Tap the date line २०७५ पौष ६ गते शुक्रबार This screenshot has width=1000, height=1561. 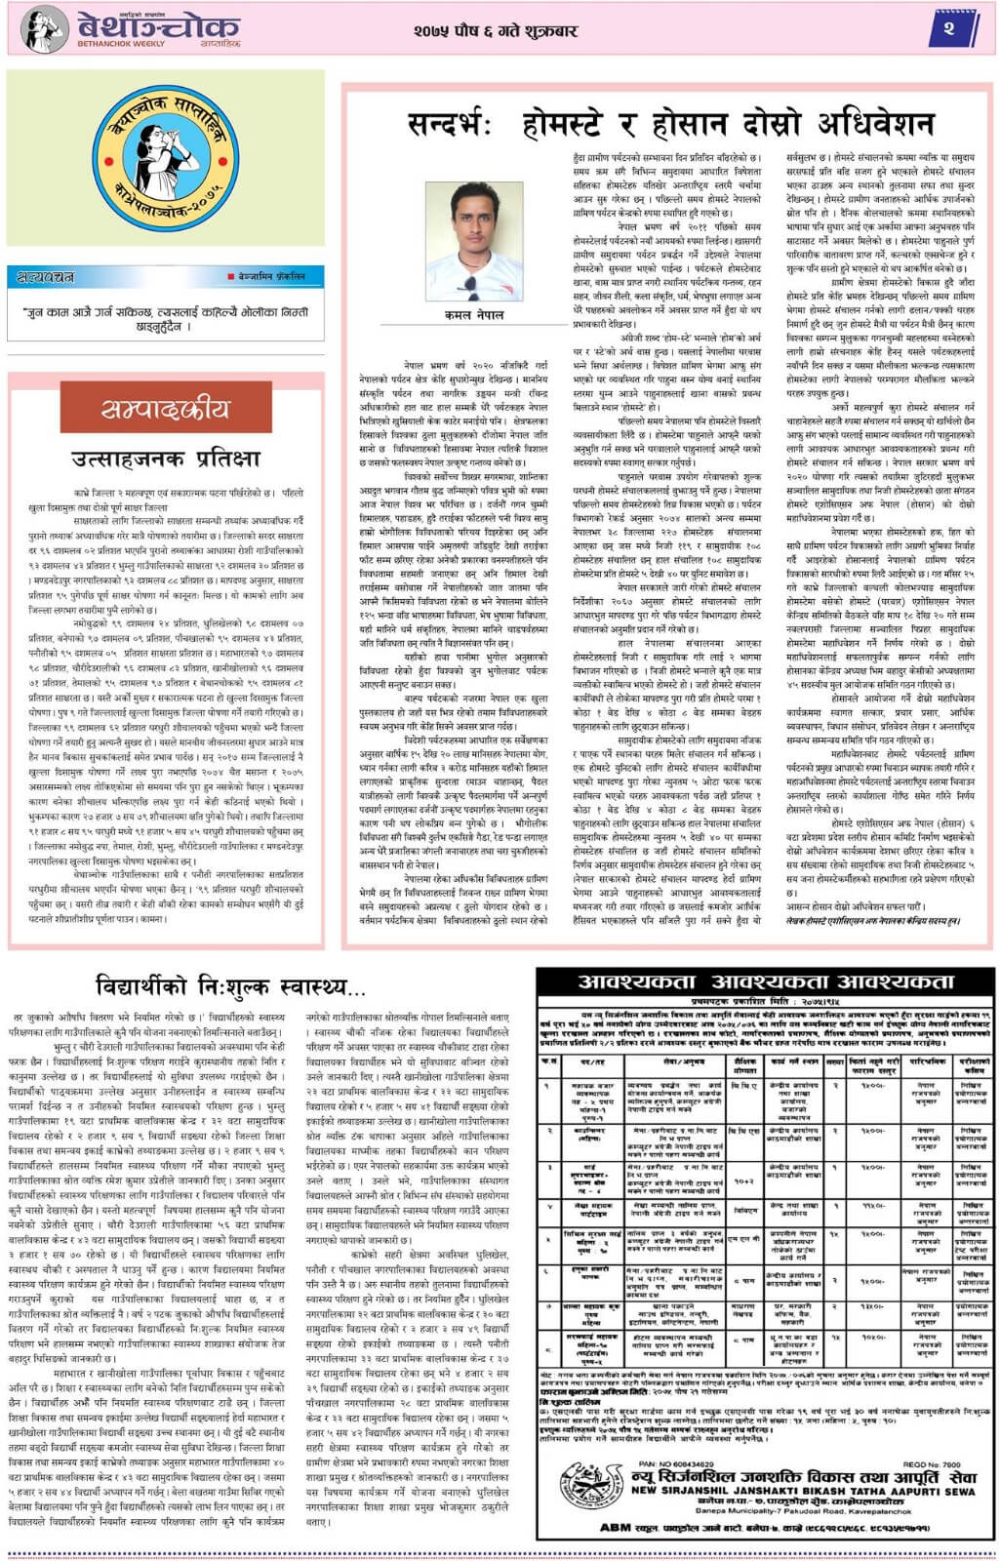(x=495, y=30)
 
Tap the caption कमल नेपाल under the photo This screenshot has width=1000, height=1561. (x=474, y=315)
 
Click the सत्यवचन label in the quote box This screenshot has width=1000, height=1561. (x=46, y=278)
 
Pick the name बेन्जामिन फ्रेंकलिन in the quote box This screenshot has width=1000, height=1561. (x=271, y=277)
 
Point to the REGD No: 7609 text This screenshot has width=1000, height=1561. (x=930, y=1463)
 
